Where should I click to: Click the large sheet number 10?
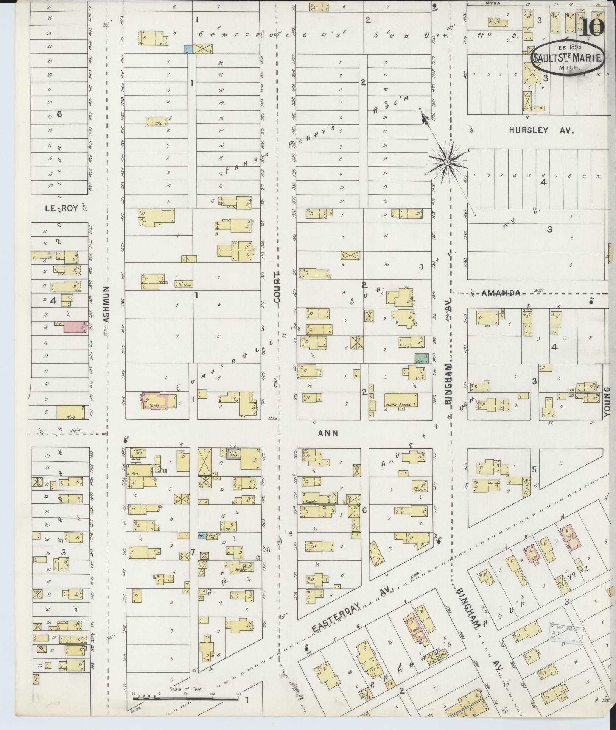pyautogui.click(x=592, y=27)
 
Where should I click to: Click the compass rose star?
pyautogui.click(x=447, y=162)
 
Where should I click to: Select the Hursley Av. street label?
pyautogui.click(x=541, y=131)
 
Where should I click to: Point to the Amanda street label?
pyautogui.click(x=501, y=293)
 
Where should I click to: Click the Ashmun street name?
pyautogui.click(x=107, y=304)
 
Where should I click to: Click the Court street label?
pyautogui.click(x=277, y=287)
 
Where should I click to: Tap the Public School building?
pyautogui.click(x=401, y=400)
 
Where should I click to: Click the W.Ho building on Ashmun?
pyautogui.click(x=70, y=412)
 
